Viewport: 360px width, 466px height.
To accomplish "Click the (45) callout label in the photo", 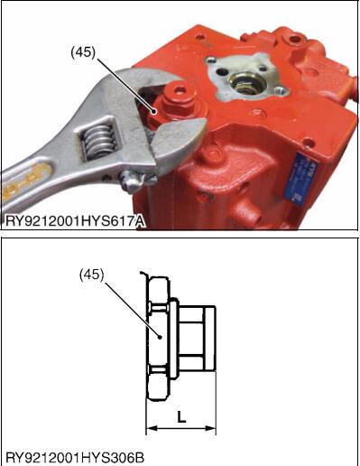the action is point(83,53).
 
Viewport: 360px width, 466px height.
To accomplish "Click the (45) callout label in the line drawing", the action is point(91,275).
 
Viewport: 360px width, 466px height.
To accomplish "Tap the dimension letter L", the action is point(181,417).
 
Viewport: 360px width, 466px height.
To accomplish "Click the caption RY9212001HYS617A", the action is point(75,222).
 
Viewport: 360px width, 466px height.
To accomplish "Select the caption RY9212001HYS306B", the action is point(75,458).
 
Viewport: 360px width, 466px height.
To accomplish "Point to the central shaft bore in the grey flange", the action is point(247,83).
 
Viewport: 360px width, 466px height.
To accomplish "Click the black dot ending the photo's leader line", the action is point(154,112).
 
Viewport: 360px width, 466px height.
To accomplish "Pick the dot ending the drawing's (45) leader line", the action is point(161,337).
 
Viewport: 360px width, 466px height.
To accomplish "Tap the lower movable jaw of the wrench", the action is point(178,143).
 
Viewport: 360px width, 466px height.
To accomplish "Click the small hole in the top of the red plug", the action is point(180,89).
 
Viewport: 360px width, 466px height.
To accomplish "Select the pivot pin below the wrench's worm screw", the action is point(128,182).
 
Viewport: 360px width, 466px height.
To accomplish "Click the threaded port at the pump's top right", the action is point(293,40).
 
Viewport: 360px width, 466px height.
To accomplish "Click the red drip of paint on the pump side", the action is point(208,197).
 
